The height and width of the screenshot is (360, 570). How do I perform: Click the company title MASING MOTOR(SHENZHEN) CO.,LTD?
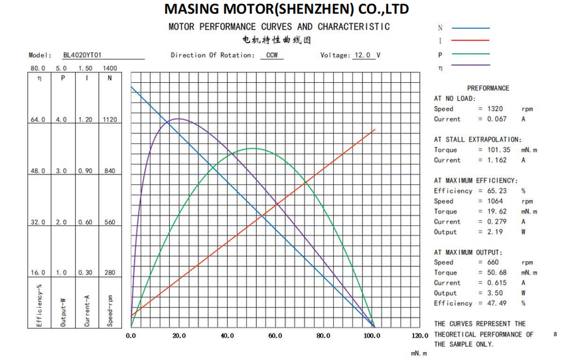click(x=286, y=9)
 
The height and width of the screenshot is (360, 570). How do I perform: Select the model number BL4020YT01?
click(x=82, y=56)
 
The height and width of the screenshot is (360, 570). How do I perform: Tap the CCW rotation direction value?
click(x=271, y=56)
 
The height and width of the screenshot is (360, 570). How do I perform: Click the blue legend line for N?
click(x=471, y=29)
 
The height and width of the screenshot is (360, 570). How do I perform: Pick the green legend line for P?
click(x=471, y=54)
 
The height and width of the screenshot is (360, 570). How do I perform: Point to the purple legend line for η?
click(x=471, y=66)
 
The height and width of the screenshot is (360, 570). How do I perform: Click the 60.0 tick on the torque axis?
click(x=275, y=336)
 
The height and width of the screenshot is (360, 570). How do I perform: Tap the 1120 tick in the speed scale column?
click(x=110, y=120)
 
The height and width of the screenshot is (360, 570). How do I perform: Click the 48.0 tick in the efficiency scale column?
click(x=38, y=171)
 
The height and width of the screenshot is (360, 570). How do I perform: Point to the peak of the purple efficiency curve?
click(x=177, y=119)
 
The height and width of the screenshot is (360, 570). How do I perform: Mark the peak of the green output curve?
click(x=253, y=149)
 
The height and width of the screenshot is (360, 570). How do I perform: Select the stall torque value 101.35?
click(x=498, y=150)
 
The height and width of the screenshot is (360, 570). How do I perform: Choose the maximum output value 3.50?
click(x=495, y=293)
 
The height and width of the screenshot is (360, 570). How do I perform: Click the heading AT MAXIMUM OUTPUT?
click(x=468, y=253)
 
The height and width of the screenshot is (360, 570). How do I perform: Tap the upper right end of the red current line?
click(x=375, y=129)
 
